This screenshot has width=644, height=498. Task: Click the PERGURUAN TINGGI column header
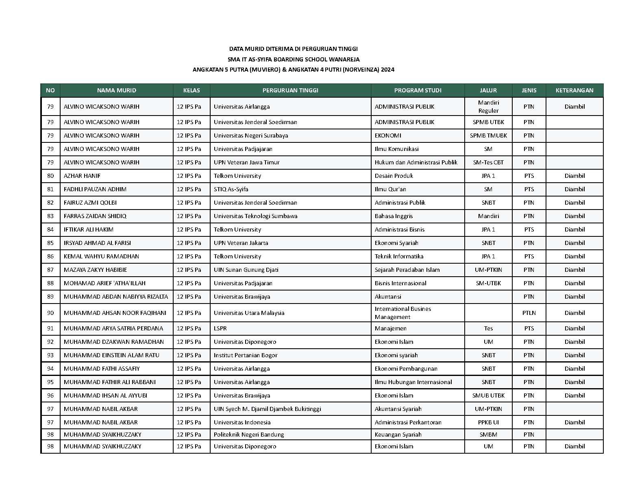[x=290, y=90]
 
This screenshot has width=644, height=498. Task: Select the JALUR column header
[x=488, y=90]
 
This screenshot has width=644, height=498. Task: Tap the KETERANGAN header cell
[x=574, y=90]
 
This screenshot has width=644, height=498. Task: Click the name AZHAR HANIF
[x=82, y=176]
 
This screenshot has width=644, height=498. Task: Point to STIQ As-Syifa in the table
[x=231, y=189]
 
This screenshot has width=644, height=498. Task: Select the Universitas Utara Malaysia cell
[x=249, y=313]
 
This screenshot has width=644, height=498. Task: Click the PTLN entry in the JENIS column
[x=529, y=313]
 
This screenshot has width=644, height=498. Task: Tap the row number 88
[x=50, y=283]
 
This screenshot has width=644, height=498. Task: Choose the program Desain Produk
[x=394, y=176]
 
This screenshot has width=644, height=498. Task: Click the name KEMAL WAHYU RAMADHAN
[x=101, y=256]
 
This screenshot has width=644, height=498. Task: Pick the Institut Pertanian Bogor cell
[x=246, y=355]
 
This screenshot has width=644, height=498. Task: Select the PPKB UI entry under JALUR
[x=488, y=422]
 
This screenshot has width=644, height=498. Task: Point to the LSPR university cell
[x=220, y=328]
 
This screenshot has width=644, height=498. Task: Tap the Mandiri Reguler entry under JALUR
[x=488, y=107]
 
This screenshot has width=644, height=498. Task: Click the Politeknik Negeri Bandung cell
[x=249, y=435]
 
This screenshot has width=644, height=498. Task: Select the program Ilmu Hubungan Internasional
[x=413, y=382]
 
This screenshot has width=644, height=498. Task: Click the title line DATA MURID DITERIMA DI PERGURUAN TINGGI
[x=293, y=49]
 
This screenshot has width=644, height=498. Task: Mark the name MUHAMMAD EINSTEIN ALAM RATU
[x=111, y=355]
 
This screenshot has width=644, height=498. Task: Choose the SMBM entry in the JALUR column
[x=488, y=435]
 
